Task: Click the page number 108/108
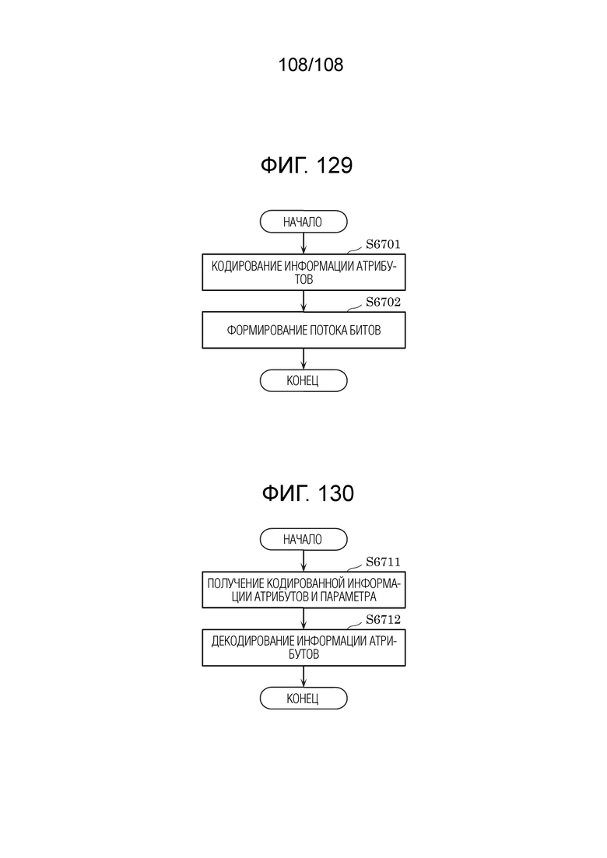pyautogui.click(x=311, y=65)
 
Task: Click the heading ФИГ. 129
pyautogui.click(x=307, y=165)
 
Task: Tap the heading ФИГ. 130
pyautogui.click(x=307, y=493)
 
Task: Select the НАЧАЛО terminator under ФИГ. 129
pyautogui.click(x=303, y=222)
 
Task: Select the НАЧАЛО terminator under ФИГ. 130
pyautogui.click(x=303, y=539)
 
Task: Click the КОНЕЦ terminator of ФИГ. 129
pyautogui.click(x=303, y=380)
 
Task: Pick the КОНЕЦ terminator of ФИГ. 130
pyautogui.click(x=303, y=699)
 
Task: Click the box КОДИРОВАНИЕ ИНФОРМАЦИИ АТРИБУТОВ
pyautogui.click(x=303, y=272)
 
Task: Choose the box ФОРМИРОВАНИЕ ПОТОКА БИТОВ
pyautogui.click(x=303, y=330)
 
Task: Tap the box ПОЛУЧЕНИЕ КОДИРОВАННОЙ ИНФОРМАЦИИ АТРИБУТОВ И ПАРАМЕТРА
pyautogui.click(x=303, y=590)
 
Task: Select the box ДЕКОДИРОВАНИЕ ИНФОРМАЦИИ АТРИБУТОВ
pyautogui.click(x=303, y=647)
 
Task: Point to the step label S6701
pyautogui.click(x=383, y=244)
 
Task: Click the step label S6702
pyautogui.click(x=383, y=302)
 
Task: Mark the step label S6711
pyautogui.click(x=383, y=562)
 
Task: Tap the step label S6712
pyautogui.click(x=383, y=619)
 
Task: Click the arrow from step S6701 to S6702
pyautogui.click(x=303, y=301)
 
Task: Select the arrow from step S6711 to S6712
pyautogui.click(x=303, y=618)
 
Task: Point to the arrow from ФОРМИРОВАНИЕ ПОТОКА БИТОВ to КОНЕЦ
pyautogui.click(x=303, y=359)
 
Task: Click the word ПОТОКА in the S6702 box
pyautogui.click(x=328, y=330)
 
